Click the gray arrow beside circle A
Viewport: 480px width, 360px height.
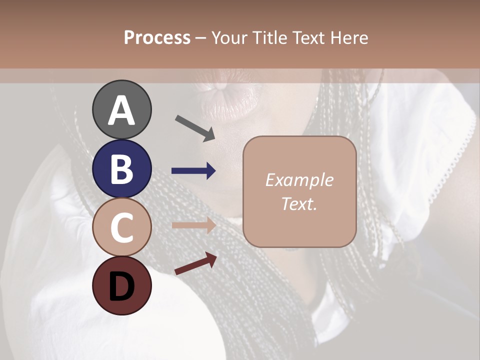pos(195,128)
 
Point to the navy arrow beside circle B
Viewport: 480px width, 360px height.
pos(193,171)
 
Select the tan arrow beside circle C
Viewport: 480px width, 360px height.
pos(193,225)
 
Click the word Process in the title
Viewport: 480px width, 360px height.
pos(157,37)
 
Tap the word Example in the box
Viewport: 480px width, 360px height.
pos(299,180)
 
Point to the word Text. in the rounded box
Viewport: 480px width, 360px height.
pos(299,203)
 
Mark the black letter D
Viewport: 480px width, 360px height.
pos(121,286)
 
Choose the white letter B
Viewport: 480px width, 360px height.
pos(121,169)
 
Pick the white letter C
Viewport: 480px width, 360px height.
pos(121,228)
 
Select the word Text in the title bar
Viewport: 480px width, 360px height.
pos(306,37)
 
